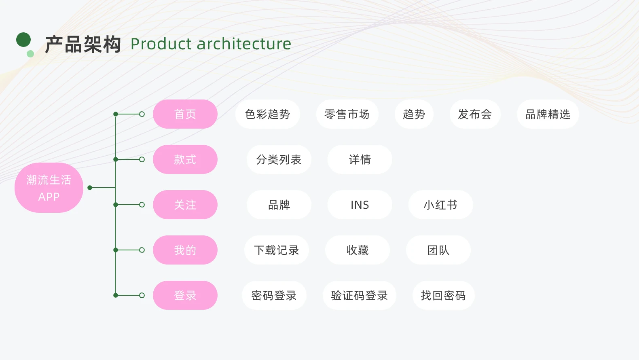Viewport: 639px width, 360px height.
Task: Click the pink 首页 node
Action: tap(185, 114)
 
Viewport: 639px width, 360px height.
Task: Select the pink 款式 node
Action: tap(185, 159)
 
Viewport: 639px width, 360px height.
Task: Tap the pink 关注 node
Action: tap(185, 205)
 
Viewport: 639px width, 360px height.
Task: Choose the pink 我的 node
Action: tap(185, 250)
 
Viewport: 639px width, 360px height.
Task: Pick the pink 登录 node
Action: tap(185, 296)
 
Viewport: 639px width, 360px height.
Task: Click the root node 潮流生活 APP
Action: tap(49, 188)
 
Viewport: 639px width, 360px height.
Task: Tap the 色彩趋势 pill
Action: tap(268, 114)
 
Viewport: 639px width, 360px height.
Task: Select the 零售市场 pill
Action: tap(347, 114)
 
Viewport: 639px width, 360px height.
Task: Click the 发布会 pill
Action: tap(475, 114)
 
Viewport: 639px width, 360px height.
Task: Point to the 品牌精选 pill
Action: tap(548, 114)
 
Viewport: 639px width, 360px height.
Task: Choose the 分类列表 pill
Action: tap(279, 159)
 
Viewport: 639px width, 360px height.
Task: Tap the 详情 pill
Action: tap(360, 159)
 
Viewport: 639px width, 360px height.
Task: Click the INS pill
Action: tap(360, 205)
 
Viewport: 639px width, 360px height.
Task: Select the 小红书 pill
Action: tap(441, 205)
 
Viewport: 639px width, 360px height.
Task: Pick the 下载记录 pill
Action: tap(276, 250)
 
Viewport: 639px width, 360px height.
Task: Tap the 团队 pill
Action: tap(438, 250)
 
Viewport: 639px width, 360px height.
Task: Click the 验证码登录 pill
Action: tap(360, 296)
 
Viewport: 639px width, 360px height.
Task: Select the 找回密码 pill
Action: tap(443, 296)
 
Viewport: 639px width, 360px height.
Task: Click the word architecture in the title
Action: tap(244, 44)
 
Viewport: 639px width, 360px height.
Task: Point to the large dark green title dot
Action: tap(23, 40)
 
